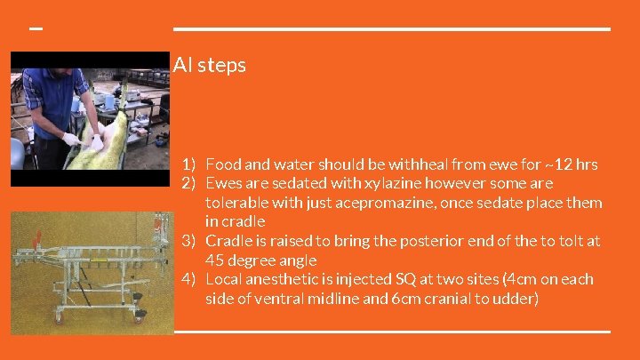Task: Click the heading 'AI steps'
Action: [x=210, y=66]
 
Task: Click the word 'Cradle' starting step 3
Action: [x=228, y=241]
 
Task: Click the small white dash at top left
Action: [x=36, y=28]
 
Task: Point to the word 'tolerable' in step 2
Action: [x=237, y=203]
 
